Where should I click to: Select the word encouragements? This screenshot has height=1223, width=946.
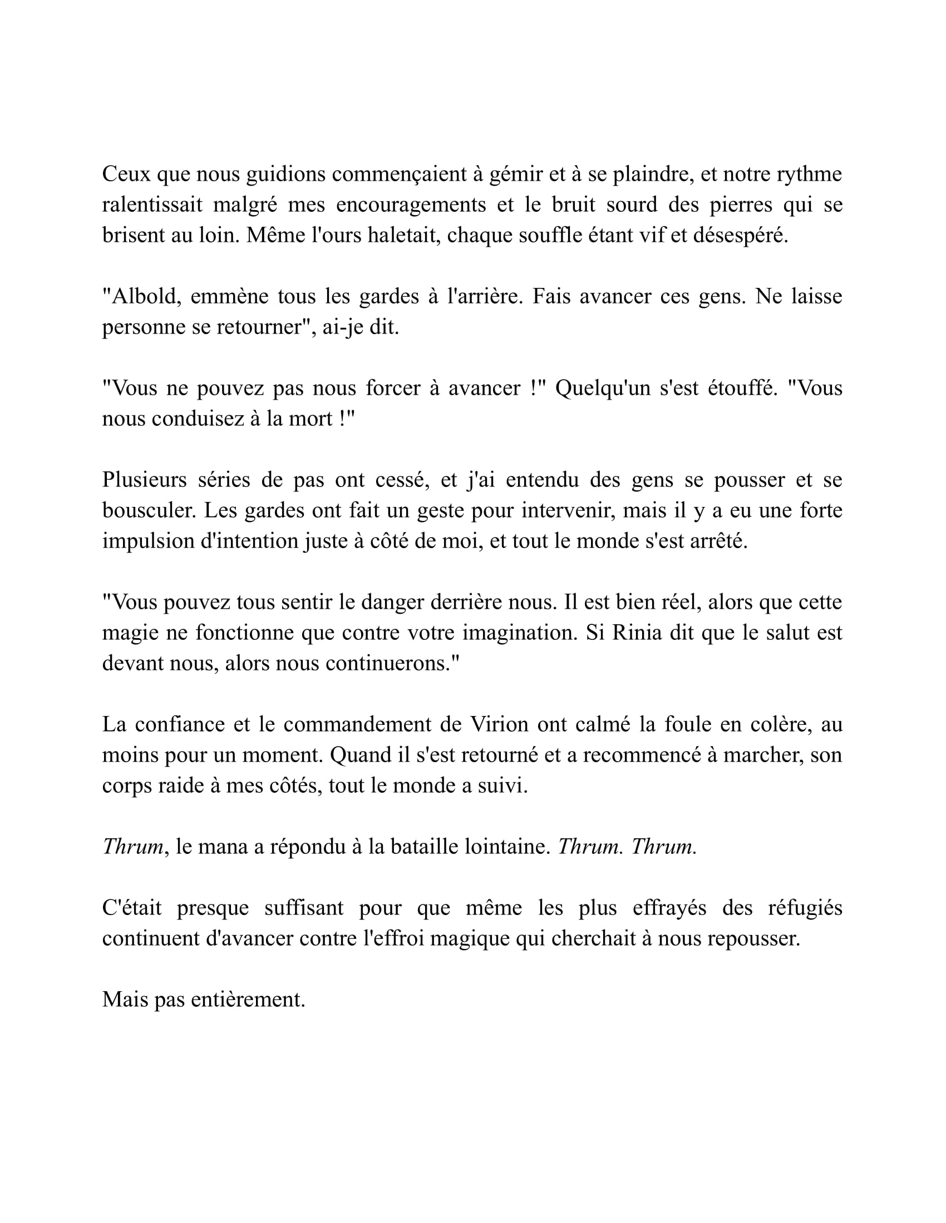point(411,205)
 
